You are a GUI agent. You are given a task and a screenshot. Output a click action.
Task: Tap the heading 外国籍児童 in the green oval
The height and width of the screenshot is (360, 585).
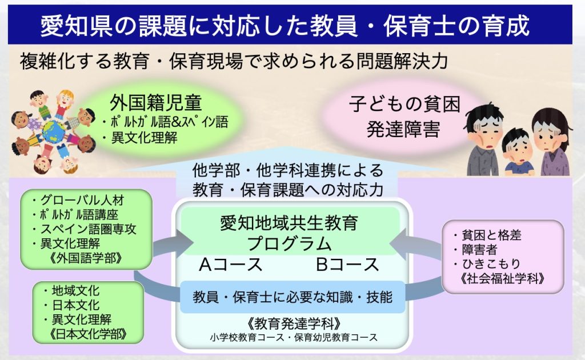[155, 103]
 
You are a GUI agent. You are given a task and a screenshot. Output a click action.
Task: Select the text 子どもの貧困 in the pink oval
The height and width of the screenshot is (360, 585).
[405, 104]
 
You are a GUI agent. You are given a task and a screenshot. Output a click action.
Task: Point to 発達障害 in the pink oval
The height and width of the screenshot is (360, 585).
[403, 129]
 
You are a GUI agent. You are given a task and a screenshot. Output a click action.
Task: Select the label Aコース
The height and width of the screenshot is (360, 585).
[231, 265]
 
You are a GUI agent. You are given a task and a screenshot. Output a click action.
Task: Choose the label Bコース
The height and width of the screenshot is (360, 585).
[348, 265]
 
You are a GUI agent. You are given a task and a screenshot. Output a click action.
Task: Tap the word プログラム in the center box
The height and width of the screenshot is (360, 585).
[289, 244]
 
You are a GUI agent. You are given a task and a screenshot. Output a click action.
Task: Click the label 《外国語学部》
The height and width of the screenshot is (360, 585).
[86, 258]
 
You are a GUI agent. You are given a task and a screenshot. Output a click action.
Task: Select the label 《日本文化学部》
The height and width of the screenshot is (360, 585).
[88, 334]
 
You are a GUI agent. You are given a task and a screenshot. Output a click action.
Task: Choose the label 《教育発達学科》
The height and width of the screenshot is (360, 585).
[294, 323]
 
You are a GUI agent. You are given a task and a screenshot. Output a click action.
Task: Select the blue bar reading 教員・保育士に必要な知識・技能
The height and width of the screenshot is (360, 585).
[293, 297]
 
